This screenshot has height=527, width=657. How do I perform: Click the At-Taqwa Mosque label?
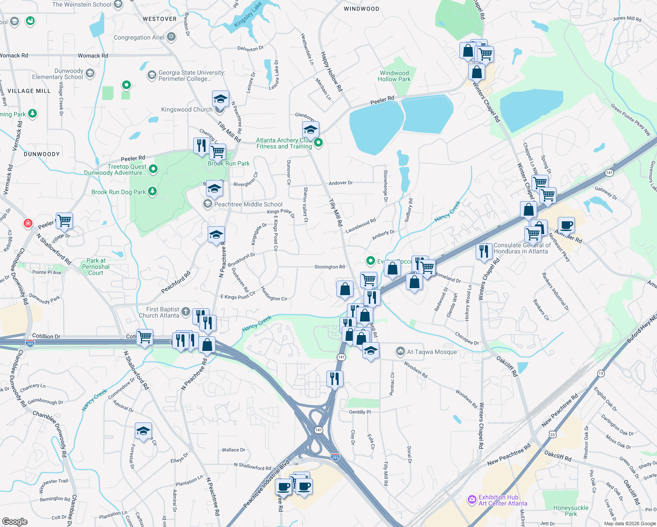(432, 352)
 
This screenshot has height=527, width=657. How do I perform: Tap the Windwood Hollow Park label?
(394, 76)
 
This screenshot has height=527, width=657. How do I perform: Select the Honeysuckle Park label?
(570, 511)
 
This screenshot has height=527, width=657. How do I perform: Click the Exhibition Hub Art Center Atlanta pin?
(472, 499)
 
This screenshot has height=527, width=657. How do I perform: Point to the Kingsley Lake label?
(248, 14)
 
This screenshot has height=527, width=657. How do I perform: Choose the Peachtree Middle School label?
(248, 204)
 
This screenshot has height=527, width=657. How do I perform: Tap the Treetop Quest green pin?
(153, 169)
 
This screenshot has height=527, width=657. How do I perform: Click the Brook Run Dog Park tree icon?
(152, 191)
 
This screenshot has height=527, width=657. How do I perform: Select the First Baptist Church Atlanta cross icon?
(186, 312)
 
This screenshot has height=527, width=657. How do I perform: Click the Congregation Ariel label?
(139, 38)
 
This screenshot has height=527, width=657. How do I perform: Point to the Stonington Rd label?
(329, 267)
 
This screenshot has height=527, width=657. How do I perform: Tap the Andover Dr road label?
(341, 183)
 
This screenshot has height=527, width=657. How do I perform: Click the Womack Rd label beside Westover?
(93, 56)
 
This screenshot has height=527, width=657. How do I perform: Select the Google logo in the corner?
(15, 522)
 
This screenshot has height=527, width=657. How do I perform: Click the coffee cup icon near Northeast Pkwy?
(567, 225)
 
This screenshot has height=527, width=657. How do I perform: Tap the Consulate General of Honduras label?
(522, 249)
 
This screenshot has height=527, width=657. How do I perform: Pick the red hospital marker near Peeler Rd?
(28, 223)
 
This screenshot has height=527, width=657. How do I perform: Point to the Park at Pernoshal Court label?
(96, 267)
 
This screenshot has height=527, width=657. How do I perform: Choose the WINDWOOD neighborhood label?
(361, 9)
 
